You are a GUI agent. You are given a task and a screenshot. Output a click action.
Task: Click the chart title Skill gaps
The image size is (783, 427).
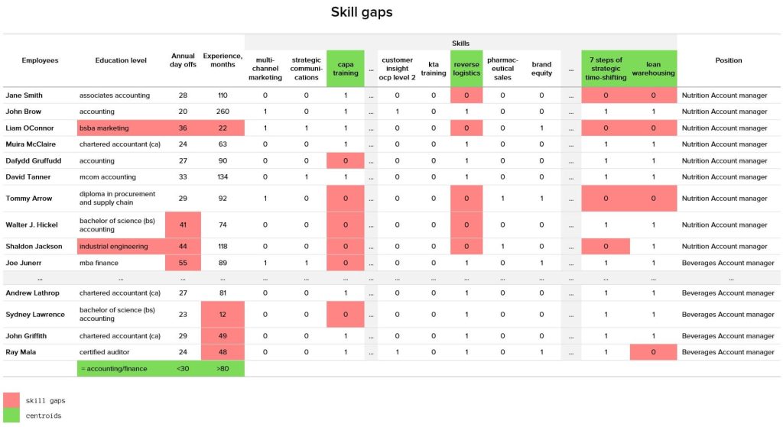[361, 12]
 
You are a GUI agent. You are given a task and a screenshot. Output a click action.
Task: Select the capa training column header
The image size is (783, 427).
[346, 69]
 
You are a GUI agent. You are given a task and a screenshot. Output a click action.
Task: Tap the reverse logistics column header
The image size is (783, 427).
[466, 69]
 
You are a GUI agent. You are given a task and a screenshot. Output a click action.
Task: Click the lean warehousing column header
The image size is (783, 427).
[653, 69]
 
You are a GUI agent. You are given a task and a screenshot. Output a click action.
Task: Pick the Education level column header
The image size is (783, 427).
[121, 60]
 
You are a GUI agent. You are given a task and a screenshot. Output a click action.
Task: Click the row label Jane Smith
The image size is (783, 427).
[24, 95]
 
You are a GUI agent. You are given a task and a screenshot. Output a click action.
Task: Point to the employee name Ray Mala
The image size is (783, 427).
[22, 352]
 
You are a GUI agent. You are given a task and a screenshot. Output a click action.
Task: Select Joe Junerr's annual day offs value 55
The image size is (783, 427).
[183, 263]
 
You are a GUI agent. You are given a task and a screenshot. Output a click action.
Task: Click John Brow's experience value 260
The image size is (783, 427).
[223, 112]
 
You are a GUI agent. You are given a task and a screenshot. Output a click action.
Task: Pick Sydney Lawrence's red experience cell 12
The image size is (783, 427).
[223, 314]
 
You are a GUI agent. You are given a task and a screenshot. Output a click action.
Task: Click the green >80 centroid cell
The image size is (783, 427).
[223, 368]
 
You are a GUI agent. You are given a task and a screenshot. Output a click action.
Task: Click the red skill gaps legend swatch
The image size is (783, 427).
[12, 400]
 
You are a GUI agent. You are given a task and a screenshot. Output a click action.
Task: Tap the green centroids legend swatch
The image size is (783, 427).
[12, 416]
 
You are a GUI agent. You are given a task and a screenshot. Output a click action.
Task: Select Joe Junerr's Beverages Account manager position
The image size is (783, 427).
[728, 263]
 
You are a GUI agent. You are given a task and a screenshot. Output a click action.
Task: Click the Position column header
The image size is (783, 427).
[728, 60]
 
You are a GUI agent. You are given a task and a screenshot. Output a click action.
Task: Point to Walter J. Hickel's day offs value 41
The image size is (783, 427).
[183, 225]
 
